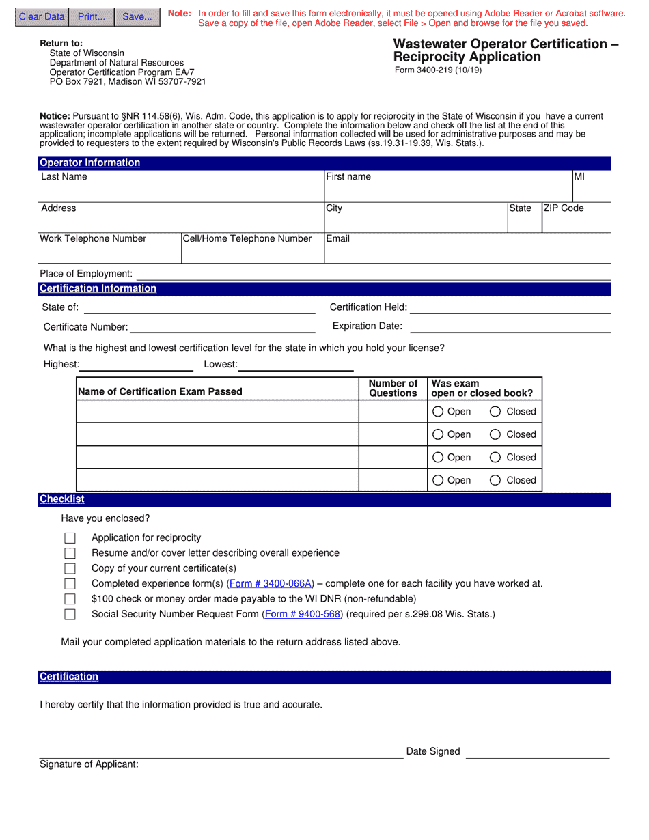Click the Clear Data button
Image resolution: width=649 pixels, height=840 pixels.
coord(42,17)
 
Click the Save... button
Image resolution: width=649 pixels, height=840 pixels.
coord(137,17)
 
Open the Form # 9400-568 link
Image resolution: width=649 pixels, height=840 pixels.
coord(302,614)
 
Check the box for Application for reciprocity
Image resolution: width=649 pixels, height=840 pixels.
coord(70,538)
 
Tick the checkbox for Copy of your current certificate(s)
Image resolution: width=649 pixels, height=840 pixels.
coord(70,568)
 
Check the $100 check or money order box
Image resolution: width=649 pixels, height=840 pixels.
coord(70,599)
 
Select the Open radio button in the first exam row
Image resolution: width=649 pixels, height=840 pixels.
coord(439,412)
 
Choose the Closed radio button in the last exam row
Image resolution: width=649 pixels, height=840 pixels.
coord(496,480)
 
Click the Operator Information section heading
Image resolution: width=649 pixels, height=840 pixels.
coord(89,163)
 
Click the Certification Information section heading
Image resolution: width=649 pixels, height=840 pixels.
coord(98,288)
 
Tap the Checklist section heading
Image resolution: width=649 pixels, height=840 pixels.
coord(61,499)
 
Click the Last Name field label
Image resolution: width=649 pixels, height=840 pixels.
coord(64,177)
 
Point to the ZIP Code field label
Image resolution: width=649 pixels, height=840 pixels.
coord(564,208)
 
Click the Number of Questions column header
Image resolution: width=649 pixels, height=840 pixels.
coord(393,388)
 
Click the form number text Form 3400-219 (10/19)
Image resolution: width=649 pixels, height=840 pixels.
coord(437,70)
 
